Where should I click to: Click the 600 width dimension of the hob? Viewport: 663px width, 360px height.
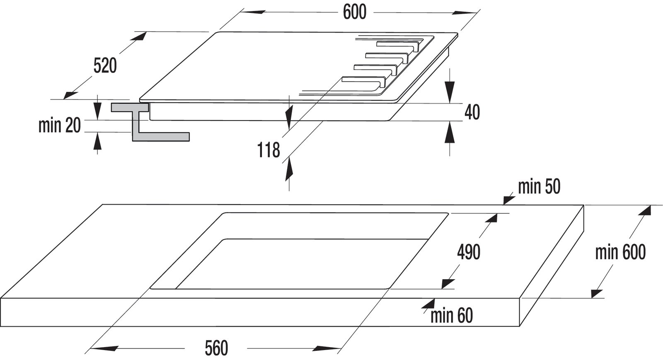click(x=354, y=12)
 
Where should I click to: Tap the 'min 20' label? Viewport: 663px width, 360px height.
click(x=59, y=126)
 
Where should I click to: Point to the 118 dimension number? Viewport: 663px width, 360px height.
click(x=269, y=150)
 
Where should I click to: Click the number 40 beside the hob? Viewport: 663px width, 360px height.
click(x=472, y=112)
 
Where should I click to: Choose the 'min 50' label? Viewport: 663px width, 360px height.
click(x=539, y=187)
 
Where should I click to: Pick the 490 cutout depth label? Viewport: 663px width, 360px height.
click(x=468, y=252)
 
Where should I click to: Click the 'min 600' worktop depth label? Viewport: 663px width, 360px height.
click(x=620, y=252)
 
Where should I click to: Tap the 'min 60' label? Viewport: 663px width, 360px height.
click(x=451, y=316)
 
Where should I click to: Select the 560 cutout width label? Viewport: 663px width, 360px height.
click(x=216, y=348)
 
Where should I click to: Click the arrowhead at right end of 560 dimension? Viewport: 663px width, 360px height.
click(x=327, y=348)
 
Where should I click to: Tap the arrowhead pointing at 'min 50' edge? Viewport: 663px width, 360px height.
click(x=508, y=200)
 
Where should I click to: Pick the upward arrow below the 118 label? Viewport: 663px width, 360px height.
click(x=289, y=169)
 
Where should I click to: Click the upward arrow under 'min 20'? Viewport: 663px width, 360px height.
click(x=97, y=142)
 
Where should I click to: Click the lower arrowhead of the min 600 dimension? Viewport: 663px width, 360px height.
click(x=597, y=292)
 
